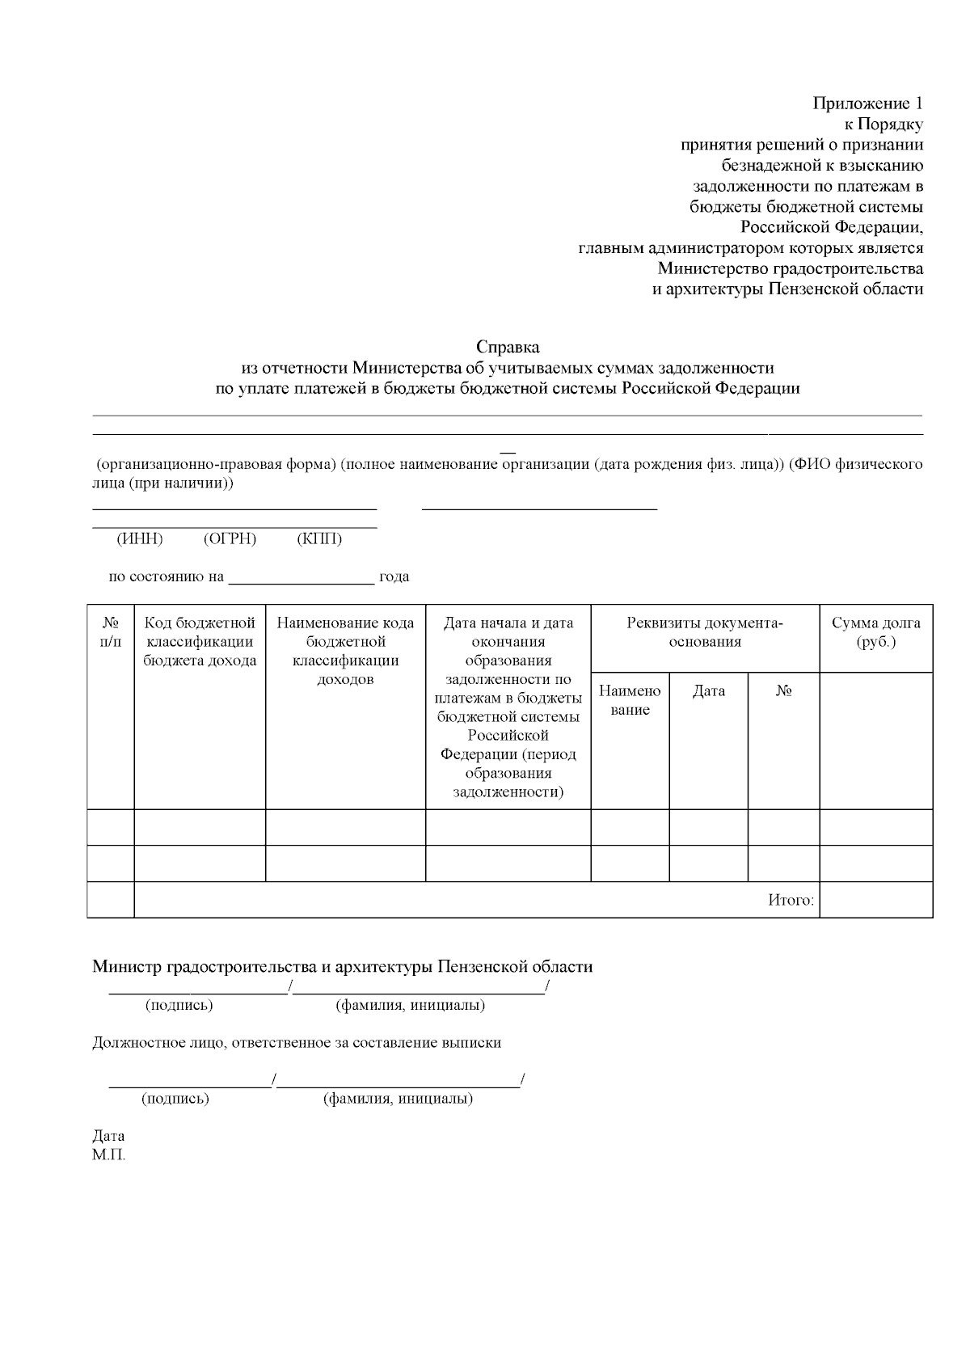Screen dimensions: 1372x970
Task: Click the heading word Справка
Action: tap(508, 347)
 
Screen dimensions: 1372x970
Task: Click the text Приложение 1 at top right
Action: tap(867, 103)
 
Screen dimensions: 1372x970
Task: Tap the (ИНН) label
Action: tap(140, 539)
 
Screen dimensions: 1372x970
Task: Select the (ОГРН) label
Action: tap(230, 539)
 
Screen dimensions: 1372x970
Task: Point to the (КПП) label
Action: tap(319, 539)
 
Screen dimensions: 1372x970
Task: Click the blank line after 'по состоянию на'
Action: tap(302, 577)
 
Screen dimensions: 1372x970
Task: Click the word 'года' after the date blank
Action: tap(394, 577)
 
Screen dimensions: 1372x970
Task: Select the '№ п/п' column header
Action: tap(111, 632)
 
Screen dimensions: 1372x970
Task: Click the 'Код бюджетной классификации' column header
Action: tap(200, 641)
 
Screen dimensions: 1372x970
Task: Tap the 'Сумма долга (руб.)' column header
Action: tap(876, 632)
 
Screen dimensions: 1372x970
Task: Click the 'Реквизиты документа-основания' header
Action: tap(705, 632)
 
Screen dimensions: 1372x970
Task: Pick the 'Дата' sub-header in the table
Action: tap(709, 691)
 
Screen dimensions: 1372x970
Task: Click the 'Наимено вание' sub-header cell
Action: tap(630, 700)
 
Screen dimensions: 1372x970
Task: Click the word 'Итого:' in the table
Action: tap(791, 901)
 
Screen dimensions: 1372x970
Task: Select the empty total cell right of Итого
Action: tap(876, 900)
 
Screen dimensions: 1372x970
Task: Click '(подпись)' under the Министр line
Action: tap(179, 1006)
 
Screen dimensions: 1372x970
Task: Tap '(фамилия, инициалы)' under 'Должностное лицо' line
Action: tap(398, 1099)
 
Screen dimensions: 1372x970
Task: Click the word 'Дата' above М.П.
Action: tap(108, 1136)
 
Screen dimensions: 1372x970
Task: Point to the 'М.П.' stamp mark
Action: tap(109, 1155)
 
